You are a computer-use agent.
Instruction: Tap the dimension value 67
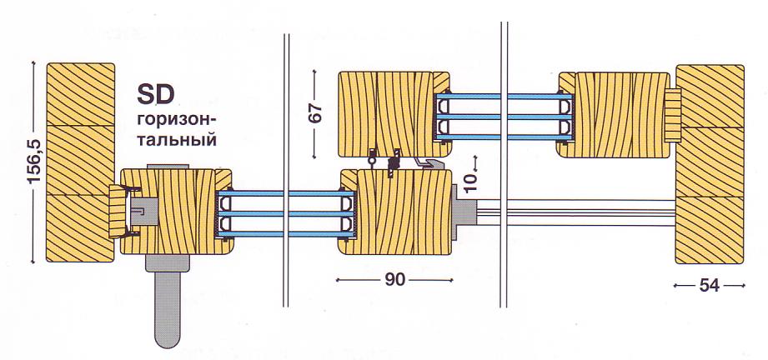[x=315, y=112]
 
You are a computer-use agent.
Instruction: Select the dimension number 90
[x=395, y=280]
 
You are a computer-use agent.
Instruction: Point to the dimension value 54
[x=709, y=286]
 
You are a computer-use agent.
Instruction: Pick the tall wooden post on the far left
[x=80, y=162]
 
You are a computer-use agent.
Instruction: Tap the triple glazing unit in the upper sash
[x=502, y=114]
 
